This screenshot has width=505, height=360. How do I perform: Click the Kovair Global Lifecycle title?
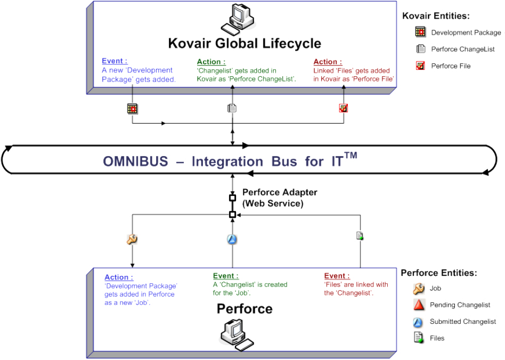tap(245, 43)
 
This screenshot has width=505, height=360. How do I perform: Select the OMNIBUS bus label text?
tap(230, 161)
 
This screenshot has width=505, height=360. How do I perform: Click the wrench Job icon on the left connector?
tap(132, 240)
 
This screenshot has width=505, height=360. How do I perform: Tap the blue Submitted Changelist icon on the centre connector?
tap(232, 240)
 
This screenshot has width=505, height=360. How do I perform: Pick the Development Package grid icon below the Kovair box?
tap(132, 109)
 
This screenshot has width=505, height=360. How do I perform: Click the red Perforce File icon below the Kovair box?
tap(344, 109)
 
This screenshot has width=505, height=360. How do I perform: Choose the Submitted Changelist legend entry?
tap(455, 322)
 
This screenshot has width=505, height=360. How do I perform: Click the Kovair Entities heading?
tap(437, 16)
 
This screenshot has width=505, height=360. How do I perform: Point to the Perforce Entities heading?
tap(438, 273)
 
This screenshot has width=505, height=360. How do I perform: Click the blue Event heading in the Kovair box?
tap(115, 61)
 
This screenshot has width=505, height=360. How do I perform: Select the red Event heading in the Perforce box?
tap(337, 276)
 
